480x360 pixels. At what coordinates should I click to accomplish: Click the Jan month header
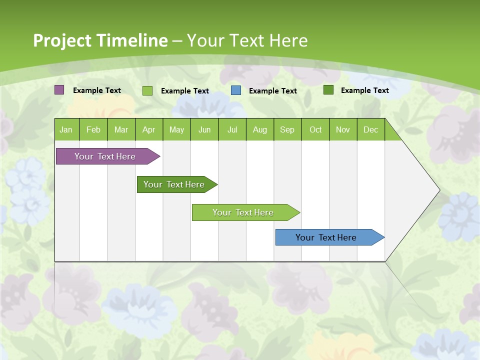pyautogui.click(x=66, y=129)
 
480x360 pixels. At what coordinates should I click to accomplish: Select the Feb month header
pyautogui.click(x=93, y=129)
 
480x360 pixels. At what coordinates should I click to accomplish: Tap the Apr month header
pyautogui.click(x=149, y=129)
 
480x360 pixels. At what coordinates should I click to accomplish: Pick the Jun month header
pyautogui.click(x=204, y=129)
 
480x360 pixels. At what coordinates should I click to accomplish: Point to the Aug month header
pyautogui.click(x=260, y=129)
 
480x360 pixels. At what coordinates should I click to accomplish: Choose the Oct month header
pyautogui.click(x=315, y=129)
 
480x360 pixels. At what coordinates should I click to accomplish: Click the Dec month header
pyautogui.click(x=371, y=129)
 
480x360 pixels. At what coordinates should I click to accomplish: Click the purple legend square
pyautogui.click(x=59, y=90)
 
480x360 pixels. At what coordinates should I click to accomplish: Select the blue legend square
pyautogui.click(x=236, y=90)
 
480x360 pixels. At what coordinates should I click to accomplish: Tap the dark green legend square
pyautogui.click(x=328, y=90)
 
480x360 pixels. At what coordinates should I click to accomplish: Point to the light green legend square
pyautogui.click(x=147, y=90)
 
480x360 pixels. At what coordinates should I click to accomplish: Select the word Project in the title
pyautogui.click(x=62, y=40)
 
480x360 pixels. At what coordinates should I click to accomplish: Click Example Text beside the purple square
pyautogui.click(x=97, y=90)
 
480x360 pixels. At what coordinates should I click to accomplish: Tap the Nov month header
pyautogui.click(x=343, y=129)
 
